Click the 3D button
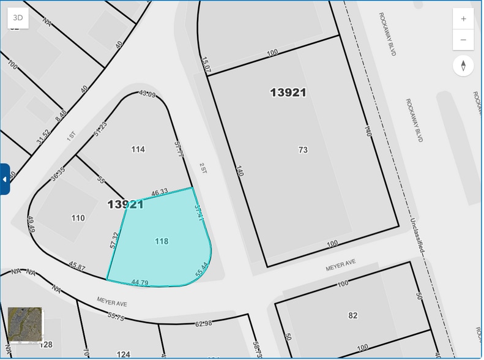point(18,17)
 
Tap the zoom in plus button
point(463,19)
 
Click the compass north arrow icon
point(463,66)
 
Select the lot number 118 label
point(162,241)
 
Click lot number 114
point(138,149)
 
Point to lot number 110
point(78,218)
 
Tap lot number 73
point(303,150)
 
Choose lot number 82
point(353,315)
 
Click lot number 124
point(124,354)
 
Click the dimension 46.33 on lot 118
point(160,192)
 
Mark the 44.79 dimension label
point(140,282)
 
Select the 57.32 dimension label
point(114,239)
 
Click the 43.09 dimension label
point(147,94)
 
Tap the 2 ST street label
point(203,168)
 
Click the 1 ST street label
point(71,135)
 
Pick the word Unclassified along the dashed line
point(417,236)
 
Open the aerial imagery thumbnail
point(25,324)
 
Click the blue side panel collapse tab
point(5,179)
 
